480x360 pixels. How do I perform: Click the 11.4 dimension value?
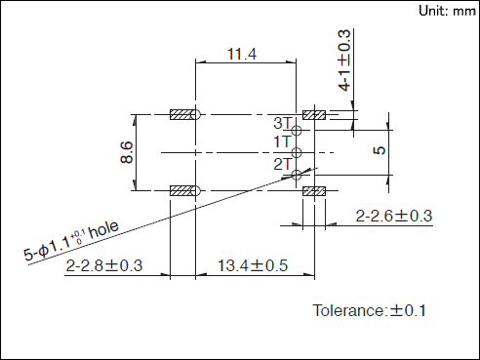242,54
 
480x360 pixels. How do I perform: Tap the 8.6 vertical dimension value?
127,152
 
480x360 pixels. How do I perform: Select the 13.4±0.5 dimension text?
253,265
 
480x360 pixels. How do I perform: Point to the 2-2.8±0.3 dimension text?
104,265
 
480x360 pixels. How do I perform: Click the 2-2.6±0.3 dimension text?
394,216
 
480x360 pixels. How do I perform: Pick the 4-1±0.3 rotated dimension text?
344,60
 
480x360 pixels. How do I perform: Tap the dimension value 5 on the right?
380,150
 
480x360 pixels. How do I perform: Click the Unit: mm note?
447,11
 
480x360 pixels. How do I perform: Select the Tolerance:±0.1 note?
369,310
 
